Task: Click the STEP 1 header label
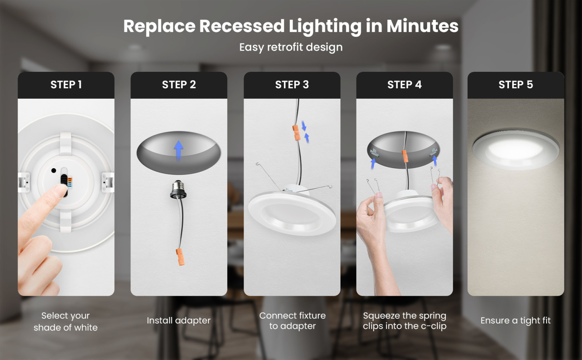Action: pos(66,85)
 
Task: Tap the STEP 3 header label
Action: pos(292,85)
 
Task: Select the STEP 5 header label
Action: pos(515,85)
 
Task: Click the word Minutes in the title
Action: pos(422,26)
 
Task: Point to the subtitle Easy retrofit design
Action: pos(291,47)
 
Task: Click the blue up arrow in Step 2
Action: pos(179,151)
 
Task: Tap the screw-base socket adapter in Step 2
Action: pos(178,189)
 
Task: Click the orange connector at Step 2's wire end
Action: pos(180,257)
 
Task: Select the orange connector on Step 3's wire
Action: pos(297,132)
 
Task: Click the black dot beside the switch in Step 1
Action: pos(53,171)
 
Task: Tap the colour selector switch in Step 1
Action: pos(65,182)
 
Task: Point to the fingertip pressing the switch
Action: pos(59,191)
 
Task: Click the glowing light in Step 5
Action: pos(515,151)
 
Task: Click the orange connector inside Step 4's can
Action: pos(405,156)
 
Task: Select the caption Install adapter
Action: pos(179,321)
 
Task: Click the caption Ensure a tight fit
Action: pos(515,321)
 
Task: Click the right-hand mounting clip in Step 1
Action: pos(108,182)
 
